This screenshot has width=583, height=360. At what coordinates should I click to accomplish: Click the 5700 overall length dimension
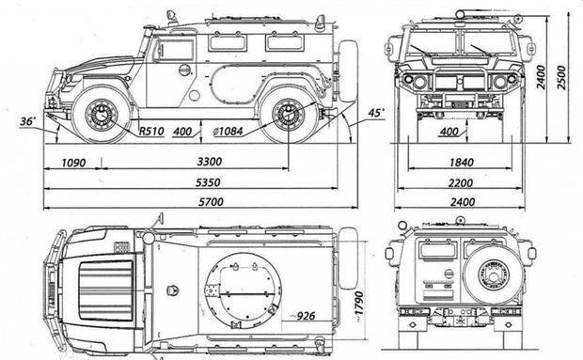coord(211,202)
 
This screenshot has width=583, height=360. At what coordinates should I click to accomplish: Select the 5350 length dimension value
coord(208,182)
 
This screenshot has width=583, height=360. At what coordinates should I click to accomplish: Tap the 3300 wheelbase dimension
coord(210,162)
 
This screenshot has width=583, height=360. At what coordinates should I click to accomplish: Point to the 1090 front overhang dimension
coord(73,163)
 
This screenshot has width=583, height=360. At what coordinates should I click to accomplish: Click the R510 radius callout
coord(151,132)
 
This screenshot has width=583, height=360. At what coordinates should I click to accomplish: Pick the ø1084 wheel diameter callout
coord(228,132)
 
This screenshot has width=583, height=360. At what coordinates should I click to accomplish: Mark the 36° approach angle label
coord(28,121)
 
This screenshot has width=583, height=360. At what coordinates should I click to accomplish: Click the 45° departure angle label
coord(376,113)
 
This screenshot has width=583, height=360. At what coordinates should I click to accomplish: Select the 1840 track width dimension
coord(462,163)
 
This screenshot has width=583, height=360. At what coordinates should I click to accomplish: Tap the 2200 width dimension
coord(461,182)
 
